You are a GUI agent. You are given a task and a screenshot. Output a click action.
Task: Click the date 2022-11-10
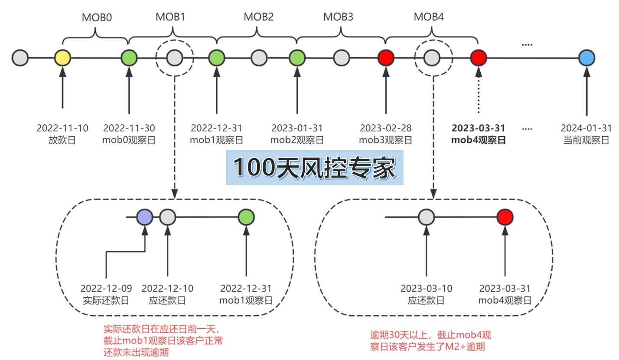[62, 128]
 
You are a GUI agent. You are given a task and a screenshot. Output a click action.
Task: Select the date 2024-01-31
[586, 128]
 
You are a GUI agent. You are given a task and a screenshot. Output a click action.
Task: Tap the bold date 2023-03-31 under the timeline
[479, 128]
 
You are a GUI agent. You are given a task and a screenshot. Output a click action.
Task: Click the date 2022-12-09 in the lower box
[106, 289]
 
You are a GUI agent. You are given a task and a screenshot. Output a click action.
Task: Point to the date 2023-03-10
[426, 289]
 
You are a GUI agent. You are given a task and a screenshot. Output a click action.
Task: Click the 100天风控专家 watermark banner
[315, 167]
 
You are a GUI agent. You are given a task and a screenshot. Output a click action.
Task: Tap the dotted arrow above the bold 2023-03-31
[479, 91]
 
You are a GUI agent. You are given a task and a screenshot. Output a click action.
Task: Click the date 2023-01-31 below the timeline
[297, 128]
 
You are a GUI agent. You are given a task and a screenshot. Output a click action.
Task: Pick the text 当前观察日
[586, 140]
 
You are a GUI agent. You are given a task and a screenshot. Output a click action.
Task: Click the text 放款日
[62, 140]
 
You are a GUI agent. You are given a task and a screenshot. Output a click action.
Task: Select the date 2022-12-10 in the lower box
[167, 289]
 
